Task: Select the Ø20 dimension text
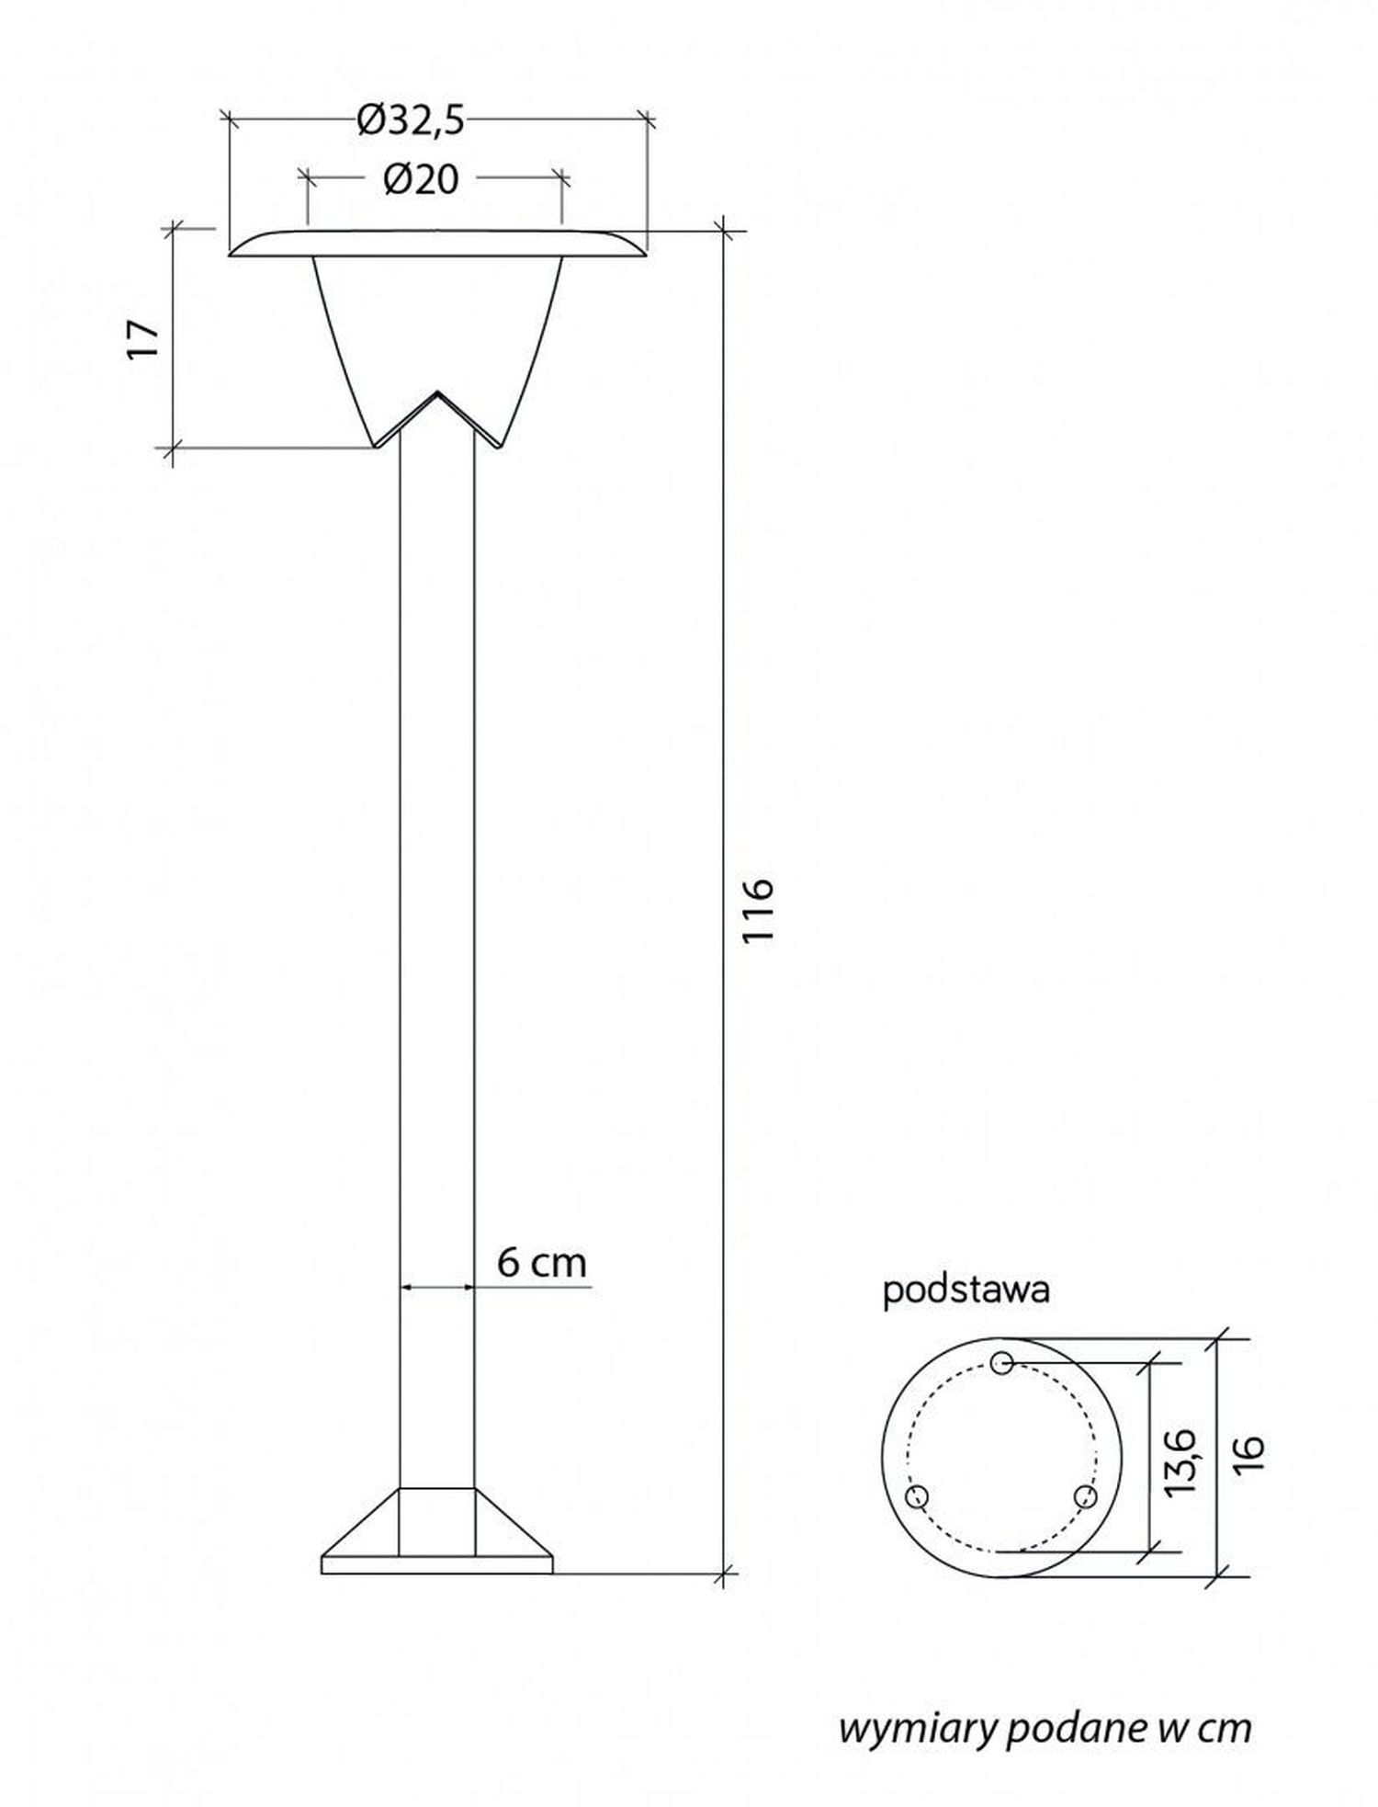422,180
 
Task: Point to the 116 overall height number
760,909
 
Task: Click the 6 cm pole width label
541,1263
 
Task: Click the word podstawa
966,1290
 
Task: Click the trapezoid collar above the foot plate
437,1521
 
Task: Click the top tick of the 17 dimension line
174,229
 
